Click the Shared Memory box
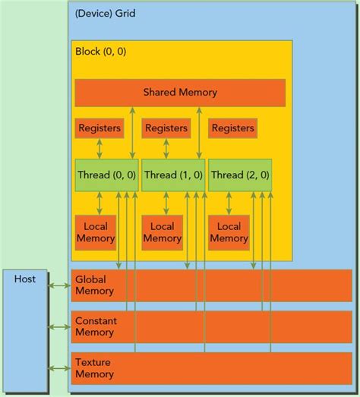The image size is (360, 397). [x=180, y=93]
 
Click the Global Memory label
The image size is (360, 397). [x=95, y=285]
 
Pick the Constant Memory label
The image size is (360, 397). [x=96, y=326]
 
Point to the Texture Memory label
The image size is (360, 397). [x=95, y=368]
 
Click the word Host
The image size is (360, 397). [x=25, y=279]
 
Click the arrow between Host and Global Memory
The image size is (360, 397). [x=58, y=285]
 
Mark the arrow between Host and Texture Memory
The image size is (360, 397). [x=58, y=368]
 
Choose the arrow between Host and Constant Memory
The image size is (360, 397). [x=58, y=327]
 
